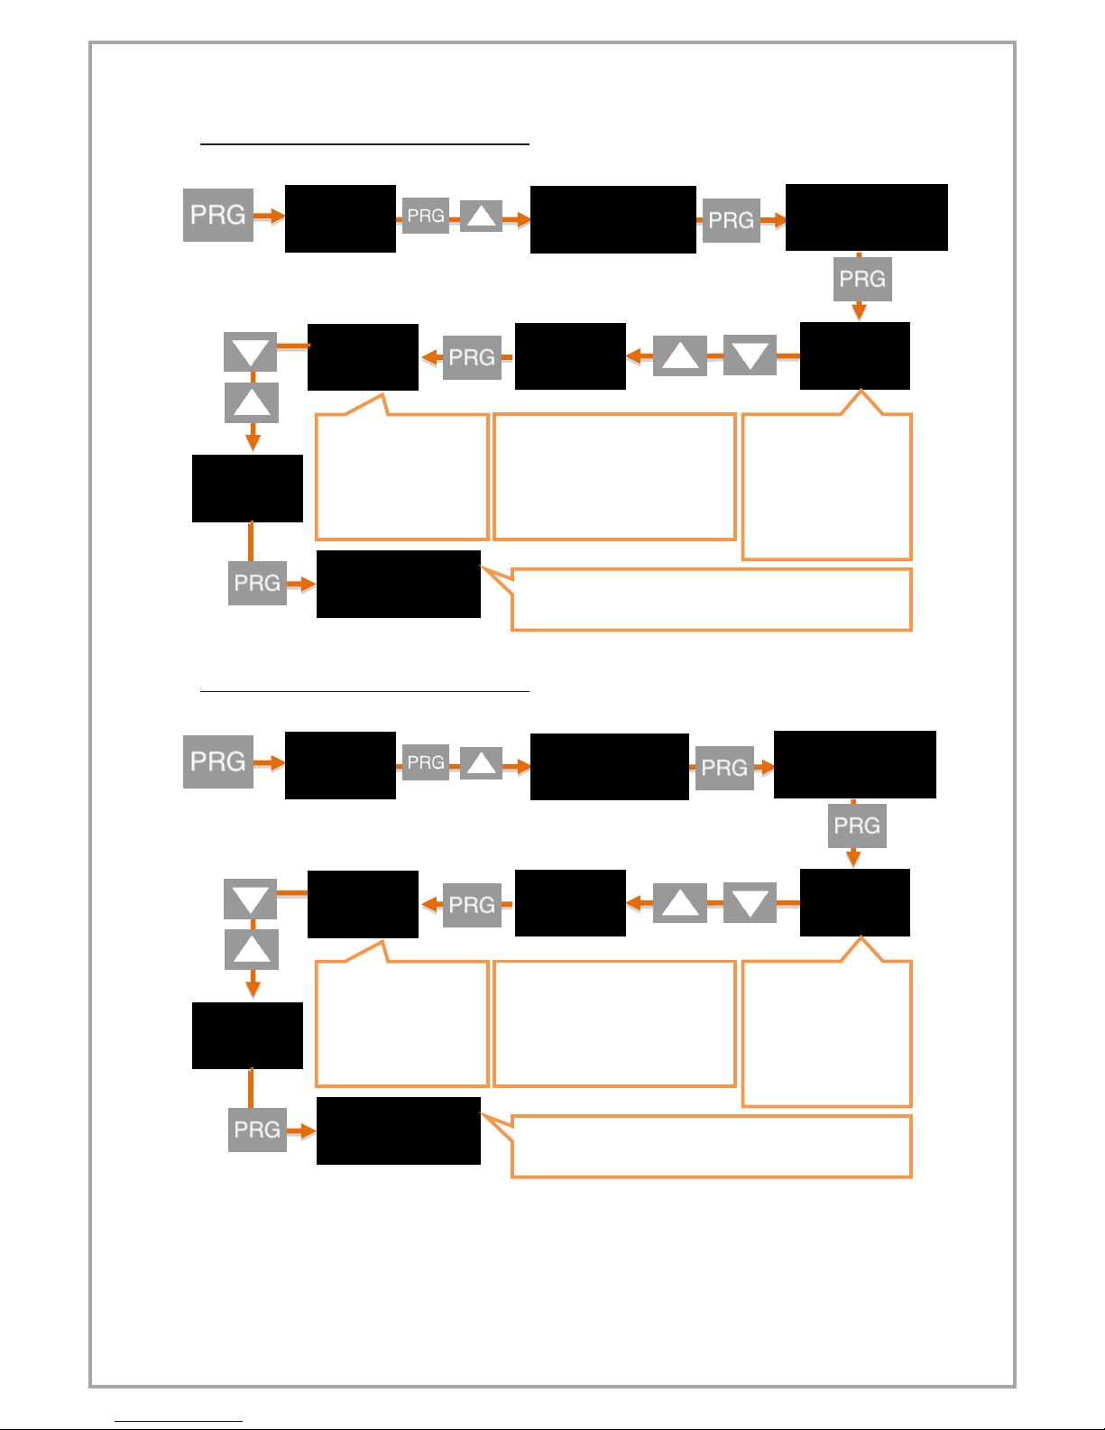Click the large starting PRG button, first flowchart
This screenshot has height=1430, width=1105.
218,215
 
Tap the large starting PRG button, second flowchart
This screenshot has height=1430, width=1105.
218,761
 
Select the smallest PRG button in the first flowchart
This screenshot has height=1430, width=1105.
426,216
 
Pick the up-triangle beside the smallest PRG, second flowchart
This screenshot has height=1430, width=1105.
482,763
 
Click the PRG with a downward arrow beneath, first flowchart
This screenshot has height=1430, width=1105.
862,279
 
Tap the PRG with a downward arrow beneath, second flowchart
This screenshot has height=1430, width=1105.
857,826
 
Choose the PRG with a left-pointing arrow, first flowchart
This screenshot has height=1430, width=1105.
472,357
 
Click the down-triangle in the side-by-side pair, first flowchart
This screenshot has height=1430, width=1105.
750,355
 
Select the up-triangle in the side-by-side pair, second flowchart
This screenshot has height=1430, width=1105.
680,903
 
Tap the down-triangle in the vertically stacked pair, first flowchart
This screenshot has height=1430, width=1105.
251,352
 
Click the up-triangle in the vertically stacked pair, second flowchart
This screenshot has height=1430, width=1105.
252,949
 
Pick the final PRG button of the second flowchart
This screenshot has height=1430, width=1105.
257,1130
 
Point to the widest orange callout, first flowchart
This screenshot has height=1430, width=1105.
711,599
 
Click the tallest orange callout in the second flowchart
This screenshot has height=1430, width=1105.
826,1033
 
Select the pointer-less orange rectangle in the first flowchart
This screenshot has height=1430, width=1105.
614,476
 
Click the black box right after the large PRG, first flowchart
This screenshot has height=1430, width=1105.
340,218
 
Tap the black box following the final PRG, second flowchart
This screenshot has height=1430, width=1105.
398,1130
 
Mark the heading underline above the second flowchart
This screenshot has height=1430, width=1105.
364,691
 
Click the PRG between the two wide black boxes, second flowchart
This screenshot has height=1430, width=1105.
724,768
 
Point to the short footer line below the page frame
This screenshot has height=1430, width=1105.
179,1421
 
